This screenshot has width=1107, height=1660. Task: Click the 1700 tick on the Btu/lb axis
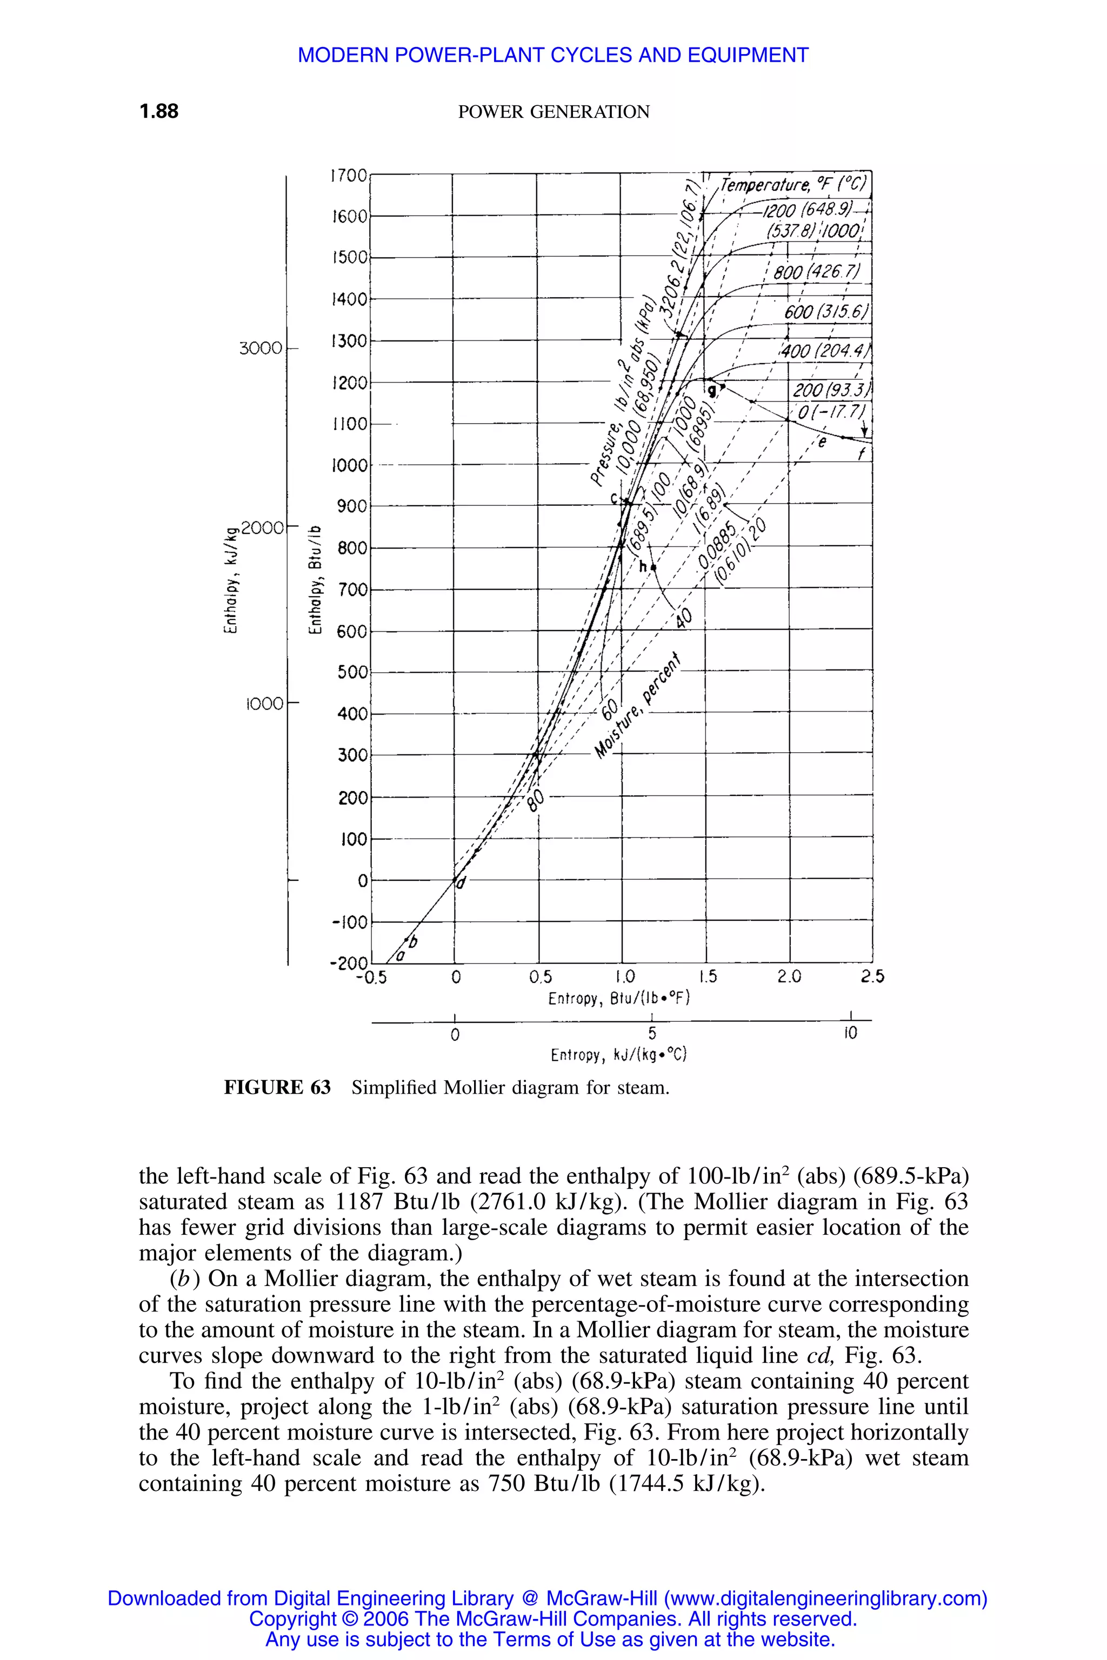(x=349, y=175)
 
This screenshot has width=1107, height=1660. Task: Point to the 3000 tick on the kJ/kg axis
(x=261, y=348)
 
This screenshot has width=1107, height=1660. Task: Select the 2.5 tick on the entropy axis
(x=872, y=977)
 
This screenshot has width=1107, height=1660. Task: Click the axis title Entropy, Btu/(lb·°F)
(x=618, y=999)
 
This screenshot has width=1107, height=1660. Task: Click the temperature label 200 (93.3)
(x=832, y=390)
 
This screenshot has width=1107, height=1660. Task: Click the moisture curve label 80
(x=537, y=800)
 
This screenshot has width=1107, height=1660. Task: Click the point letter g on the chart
(x=712, y=390)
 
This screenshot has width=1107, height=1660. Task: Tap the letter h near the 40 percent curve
(x=643, y=567)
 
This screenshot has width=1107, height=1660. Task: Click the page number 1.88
(x=159, y=111)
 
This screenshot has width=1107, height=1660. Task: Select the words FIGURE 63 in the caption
(x=277, y=1088)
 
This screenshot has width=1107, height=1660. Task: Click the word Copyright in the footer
(x=293, y=1618)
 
